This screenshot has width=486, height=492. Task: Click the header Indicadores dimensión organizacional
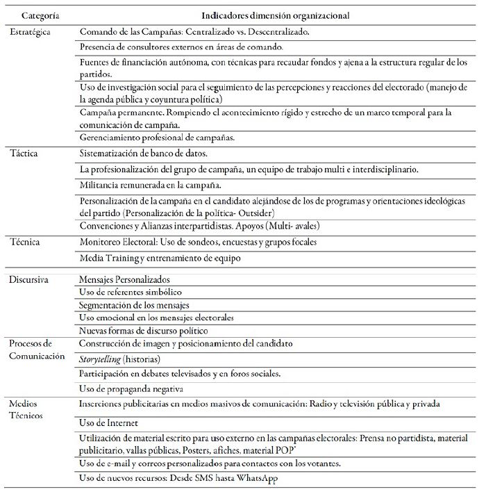275,15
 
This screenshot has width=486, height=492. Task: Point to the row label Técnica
26,243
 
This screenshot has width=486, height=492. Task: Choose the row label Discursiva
31,279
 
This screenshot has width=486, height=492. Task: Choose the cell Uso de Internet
110,423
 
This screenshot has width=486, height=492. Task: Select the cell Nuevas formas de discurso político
153,330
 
